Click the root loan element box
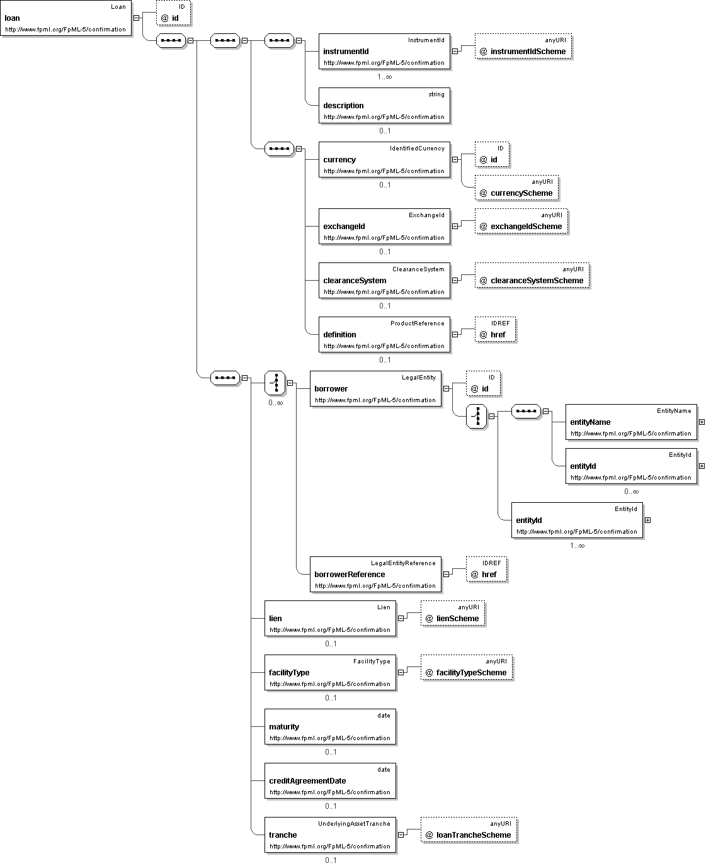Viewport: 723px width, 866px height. pos(66,18)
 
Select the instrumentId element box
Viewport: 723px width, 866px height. pos(384,52)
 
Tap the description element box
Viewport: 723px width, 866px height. pos(384,105)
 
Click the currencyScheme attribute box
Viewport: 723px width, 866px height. pos(516,188)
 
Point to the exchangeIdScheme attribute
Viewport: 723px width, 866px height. pos(521,221)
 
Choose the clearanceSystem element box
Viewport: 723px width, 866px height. pos(384,280)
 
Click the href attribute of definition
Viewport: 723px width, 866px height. pos(496,329)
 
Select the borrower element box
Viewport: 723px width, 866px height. pos(375,388)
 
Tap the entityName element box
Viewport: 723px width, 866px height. pos(631,422)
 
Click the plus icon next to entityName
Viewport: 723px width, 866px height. pos(702,422)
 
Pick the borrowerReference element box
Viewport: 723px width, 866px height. pos(375,575)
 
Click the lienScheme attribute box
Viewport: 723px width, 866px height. pos(453,613)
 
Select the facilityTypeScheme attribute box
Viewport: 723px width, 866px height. pos(467,667)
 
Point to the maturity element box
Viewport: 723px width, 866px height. pos(331,727)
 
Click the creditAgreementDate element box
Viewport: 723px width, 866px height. pos(331,780)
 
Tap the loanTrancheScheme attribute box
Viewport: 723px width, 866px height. pos(469,829)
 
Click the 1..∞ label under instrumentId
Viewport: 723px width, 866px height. pos(384,77)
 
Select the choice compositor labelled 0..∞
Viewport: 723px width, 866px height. pos(275,383)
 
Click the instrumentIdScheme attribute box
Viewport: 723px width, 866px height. pos(523,46)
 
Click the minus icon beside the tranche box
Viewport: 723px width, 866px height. pos(401,835)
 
